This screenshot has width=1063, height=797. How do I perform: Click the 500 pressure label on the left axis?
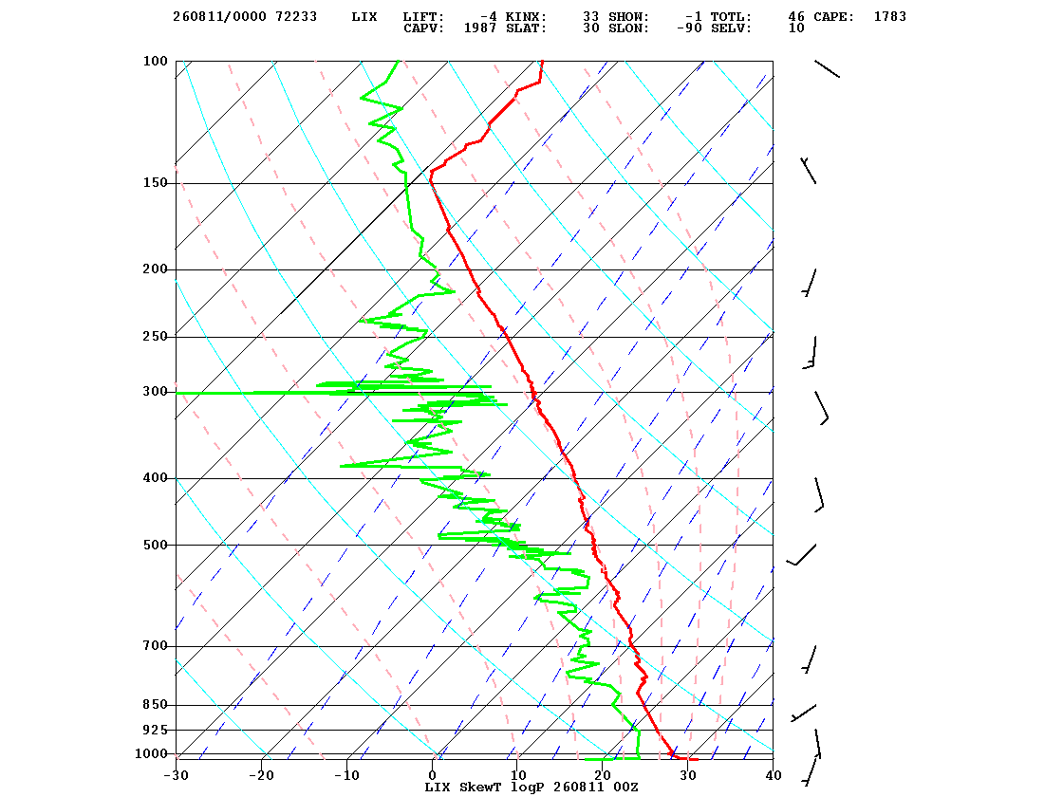coord(155,545)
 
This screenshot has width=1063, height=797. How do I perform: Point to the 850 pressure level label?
coord(155,705)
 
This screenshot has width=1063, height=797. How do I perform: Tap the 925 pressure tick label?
coord(155,730)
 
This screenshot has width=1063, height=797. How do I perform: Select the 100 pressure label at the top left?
coord(155,61)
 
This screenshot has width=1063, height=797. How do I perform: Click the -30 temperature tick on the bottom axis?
coord(176,775)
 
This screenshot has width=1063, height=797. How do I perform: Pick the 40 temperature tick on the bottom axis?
coord(773,775)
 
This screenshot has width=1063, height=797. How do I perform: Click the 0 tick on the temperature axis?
coord(433,775)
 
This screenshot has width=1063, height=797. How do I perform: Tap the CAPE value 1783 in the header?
coord(889,16)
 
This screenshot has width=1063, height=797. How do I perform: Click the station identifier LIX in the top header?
coord(364,16)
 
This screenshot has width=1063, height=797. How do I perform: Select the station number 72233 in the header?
coord(296,16)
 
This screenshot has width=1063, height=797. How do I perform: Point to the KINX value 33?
coord(590,16)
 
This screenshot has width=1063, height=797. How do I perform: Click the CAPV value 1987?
coord(480,28)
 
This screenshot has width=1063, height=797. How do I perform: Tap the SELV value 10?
coord(796,28)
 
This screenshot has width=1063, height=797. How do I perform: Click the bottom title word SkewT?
coord(480,787)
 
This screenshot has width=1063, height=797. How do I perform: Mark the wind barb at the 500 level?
coord(801,554)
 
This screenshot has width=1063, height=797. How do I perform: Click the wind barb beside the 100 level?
coord(827,68)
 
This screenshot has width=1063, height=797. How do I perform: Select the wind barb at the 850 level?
coord(803,713)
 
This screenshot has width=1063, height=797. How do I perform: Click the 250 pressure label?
coord(155,337)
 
